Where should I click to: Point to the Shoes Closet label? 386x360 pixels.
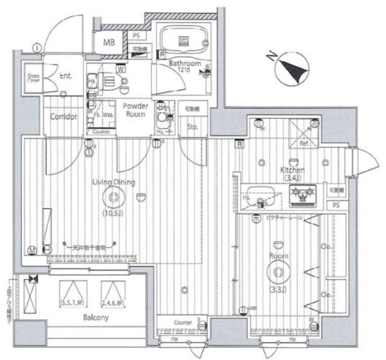34,78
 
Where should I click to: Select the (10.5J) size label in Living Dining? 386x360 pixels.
111,213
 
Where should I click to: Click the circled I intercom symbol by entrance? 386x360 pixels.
36,48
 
